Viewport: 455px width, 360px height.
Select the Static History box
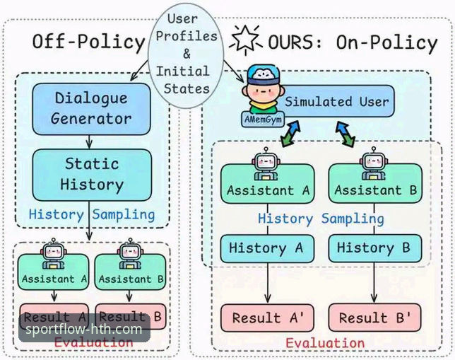(x=92, y=174)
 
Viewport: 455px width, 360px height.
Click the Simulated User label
(x=336, y=102)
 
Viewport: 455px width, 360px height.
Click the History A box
(x=266, y=248)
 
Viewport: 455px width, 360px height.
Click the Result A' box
(x=266, y=318)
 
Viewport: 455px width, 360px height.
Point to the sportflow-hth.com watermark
(x=83, y=329)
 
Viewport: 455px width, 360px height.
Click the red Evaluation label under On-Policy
(x=325, y=343)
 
